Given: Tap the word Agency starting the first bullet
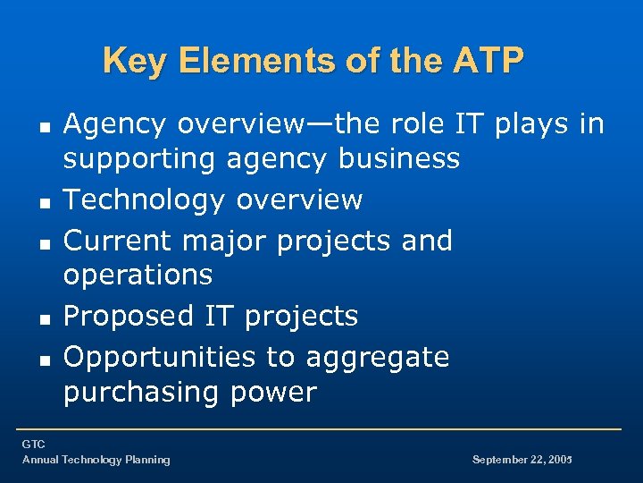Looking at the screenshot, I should click(115, 124).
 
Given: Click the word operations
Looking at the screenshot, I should click(138, 275).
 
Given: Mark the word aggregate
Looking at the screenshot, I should click(378, 357).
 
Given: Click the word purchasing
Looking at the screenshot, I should click(145, 392).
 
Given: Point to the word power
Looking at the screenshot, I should click(276, 392).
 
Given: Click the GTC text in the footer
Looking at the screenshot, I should click(34, 445).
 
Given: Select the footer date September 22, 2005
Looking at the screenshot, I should click(522, 460).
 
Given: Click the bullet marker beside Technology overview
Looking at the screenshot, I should click(45, 202).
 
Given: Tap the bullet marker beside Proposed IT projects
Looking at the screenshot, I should click(45, 318).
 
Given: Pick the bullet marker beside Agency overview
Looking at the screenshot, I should click(45, 127).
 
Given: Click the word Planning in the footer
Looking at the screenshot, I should click(147, 460).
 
